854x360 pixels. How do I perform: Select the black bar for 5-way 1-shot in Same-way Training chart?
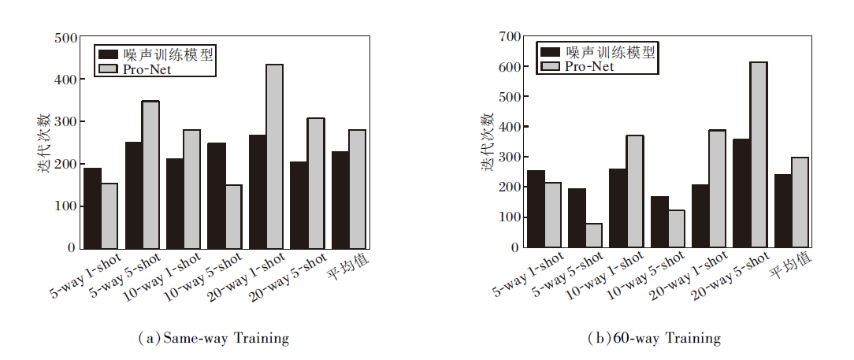92,208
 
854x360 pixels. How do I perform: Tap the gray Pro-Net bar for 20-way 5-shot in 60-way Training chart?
758,154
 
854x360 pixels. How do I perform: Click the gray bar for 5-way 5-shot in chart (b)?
593,235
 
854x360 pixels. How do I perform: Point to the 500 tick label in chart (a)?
66,38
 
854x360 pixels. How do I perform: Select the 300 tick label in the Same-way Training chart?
66,122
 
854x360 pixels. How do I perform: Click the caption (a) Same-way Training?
213,339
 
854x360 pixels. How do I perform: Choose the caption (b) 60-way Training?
655,339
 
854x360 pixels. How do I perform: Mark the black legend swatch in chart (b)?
549,52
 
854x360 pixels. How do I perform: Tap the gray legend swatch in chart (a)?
108,69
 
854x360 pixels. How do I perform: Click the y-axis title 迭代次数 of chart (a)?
45,143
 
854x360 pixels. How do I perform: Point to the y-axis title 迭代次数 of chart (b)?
488,142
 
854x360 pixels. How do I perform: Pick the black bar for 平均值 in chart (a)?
340,199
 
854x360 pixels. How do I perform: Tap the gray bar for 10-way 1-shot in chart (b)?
634,191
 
